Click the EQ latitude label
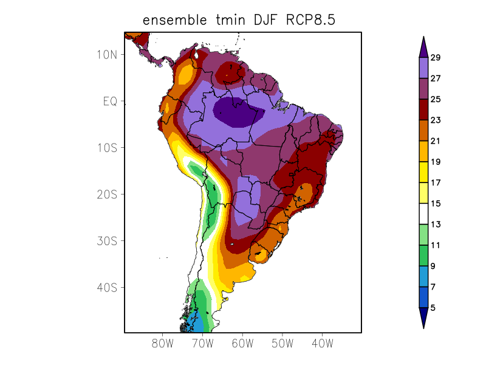[110, 101]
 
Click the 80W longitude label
[163, 344]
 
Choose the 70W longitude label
[203, 344]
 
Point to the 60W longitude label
[242, 344]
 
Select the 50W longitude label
[282, 344]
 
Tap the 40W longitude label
[322, 344]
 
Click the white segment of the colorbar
[423, 214]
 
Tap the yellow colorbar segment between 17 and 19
[423, 172]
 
